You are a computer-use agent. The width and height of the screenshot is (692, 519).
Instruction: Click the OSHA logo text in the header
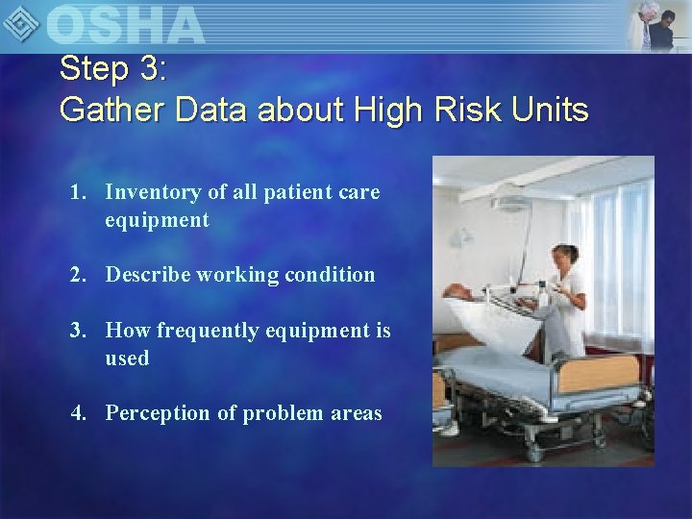point(125,25)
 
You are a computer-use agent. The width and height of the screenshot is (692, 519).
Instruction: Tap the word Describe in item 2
point(148,275)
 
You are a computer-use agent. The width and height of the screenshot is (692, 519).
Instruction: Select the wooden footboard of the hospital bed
point(601,375)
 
